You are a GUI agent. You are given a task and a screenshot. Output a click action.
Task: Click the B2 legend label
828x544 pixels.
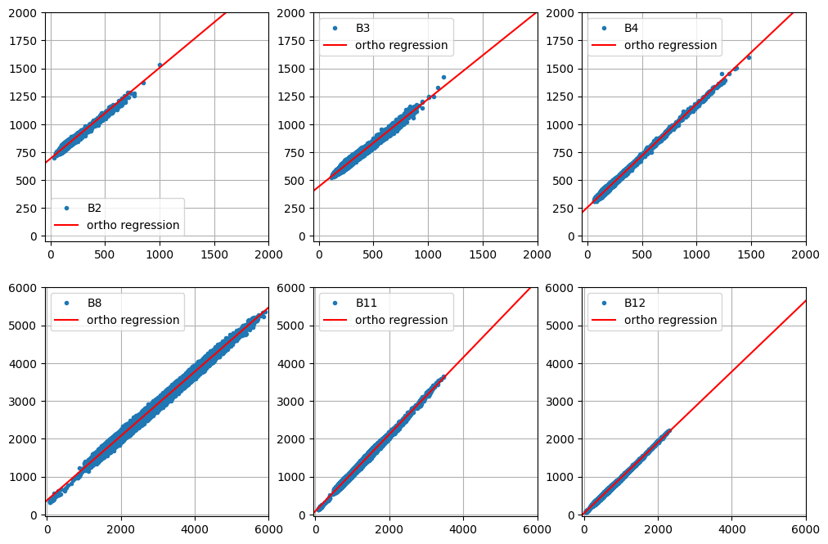coord(94,208)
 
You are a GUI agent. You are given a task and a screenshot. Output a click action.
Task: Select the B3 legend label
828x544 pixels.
coord(362,28)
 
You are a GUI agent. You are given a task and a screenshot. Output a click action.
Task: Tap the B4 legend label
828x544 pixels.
coord(631,28)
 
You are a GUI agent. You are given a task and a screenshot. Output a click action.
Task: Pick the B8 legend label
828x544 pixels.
coord(94,303)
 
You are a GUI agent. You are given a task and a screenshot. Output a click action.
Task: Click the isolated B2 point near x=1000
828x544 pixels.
coord(160,65)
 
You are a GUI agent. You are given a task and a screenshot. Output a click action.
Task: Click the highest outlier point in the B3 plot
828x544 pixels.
coord(443,77)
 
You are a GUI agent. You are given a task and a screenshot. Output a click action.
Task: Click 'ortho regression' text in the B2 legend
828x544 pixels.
coord(133,225)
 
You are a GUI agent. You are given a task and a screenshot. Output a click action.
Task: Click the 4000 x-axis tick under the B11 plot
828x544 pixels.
coord(463,529)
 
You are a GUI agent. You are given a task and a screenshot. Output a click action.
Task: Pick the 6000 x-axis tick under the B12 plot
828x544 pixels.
coord(806,529)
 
